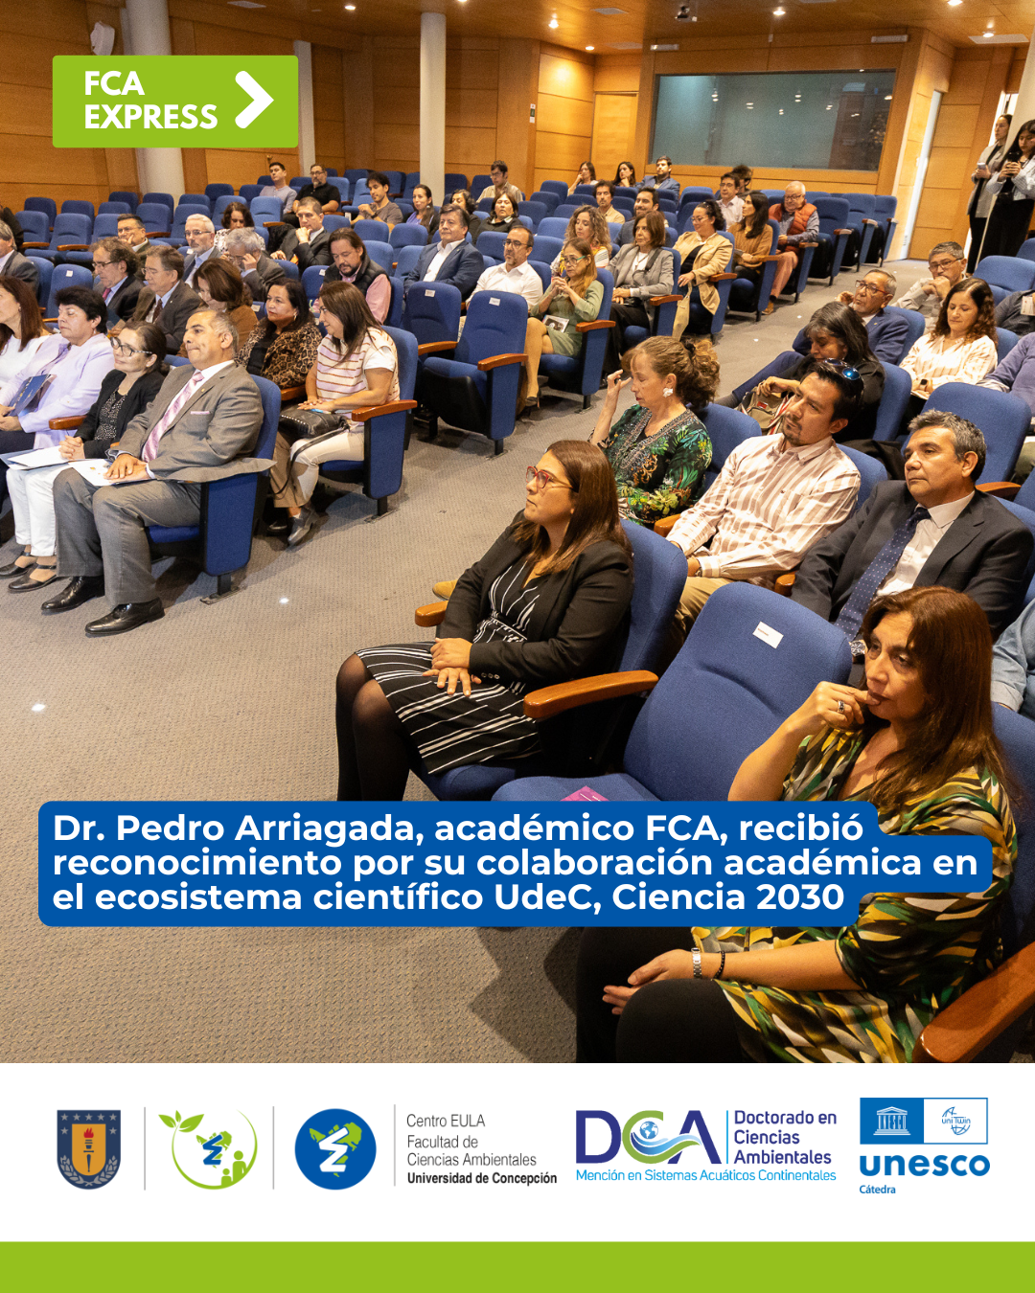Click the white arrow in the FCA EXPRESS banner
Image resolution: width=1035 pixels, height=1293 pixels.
(x=254, y=100)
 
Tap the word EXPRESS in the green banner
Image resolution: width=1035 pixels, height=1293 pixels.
(x=150, y=117)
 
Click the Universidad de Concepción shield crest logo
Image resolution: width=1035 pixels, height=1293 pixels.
(x=89, y=1148)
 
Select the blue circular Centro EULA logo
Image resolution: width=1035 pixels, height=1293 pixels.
(x=335, y=1148)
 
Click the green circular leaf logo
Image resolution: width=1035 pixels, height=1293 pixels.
(x=209, y=1148)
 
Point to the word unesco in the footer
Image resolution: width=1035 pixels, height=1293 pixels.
(x=925, y=1166)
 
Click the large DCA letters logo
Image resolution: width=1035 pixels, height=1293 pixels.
(x=648, y=1137)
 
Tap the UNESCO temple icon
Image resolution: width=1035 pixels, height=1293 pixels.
(x=891, y=1121)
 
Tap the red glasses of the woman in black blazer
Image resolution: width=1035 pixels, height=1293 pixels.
(x=544, y=478)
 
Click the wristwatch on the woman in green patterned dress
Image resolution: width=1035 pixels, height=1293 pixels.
(x=697, y=964)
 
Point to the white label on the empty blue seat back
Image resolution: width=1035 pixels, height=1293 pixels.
(x=768, y=635)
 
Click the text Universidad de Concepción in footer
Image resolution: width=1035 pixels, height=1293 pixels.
(x=482, y=1178)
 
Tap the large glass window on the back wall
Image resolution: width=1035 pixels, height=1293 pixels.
(x=771, y=120)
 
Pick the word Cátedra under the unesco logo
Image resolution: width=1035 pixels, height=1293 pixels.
(x=877, y=1190)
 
